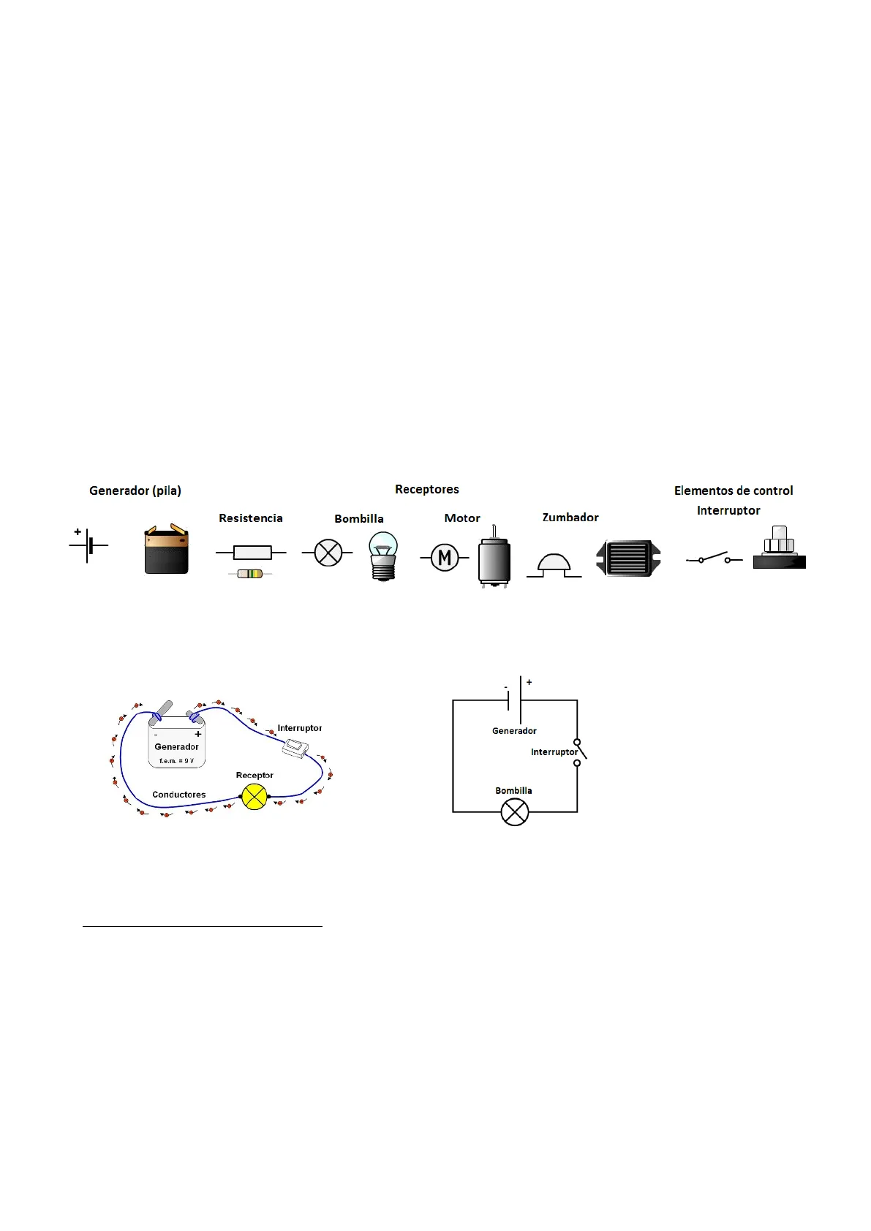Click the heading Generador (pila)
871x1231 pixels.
(x=135, y=490)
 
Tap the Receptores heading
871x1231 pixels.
(x=427, y=489)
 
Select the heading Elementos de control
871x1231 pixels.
(x=734, y=490)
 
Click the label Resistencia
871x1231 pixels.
(x=251, y=518)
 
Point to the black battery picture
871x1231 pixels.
(x=167, y=550)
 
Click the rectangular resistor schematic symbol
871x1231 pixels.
(x=252, y=553)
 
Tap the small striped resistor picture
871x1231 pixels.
(x=250, y=574)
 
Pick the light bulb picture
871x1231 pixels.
(x=383, y=556)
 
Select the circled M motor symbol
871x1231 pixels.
(x=445, y=558)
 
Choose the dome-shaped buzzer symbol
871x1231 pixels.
(x=554, y=566)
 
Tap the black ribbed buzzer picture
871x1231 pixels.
(x=629, y=558)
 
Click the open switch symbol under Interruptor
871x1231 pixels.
(x=714, y=559)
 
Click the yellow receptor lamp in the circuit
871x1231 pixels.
(x=254, y=796)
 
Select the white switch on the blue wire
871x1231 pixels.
(x=295, y=747)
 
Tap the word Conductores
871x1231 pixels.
(x=179, y=795)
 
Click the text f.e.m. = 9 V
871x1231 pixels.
(x=177, y=761)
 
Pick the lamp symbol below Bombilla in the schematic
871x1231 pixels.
(x=515, y=812)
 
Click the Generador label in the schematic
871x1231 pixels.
(x=514, y=731)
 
